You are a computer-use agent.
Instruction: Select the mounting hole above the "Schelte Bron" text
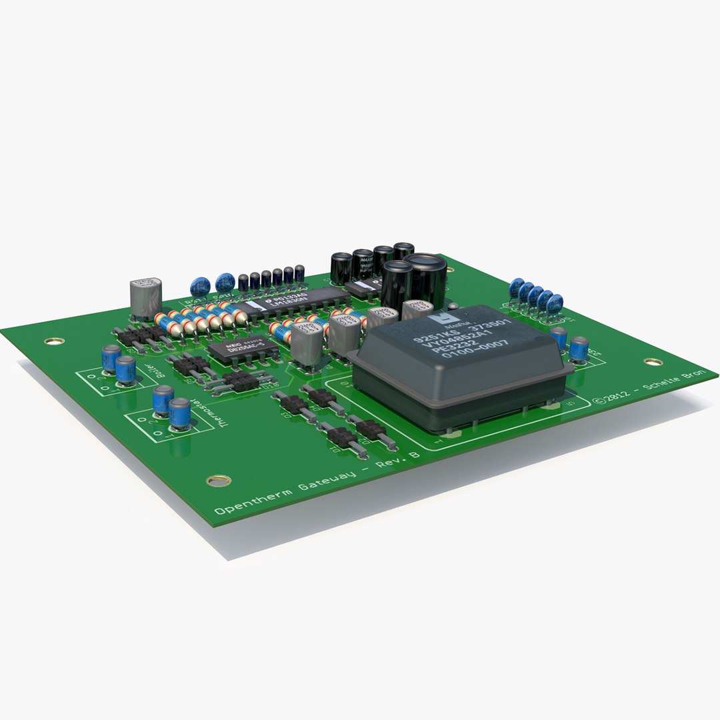[653, 362]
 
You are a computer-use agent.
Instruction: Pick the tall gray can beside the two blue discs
[146, 297]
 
